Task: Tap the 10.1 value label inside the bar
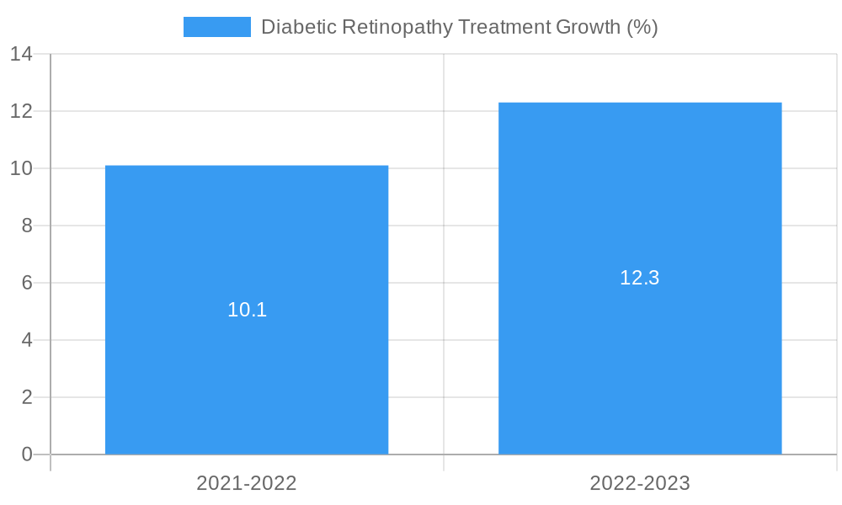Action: (x=247, y=310)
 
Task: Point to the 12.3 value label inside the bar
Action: (x=640, y=278)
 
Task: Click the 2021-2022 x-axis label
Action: (x=247, y=483)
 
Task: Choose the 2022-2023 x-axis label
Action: (x=640, y=483)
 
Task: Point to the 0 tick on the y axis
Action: (x=26, y=454)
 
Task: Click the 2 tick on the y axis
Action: (x=26, y=397)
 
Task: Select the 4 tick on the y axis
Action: (x=26, y=340)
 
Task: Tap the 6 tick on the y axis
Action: (x=26, y=283)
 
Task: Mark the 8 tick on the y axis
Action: (x=26, y=226)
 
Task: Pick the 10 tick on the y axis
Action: (x=21, y=168)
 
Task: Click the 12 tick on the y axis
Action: (x=21, y=111)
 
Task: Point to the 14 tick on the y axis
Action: (x=21, y=54)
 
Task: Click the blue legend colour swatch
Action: (x=217, y=27)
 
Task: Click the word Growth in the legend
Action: (x=589, y=27)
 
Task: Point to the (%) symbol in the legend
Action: (x=643, y=27)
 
